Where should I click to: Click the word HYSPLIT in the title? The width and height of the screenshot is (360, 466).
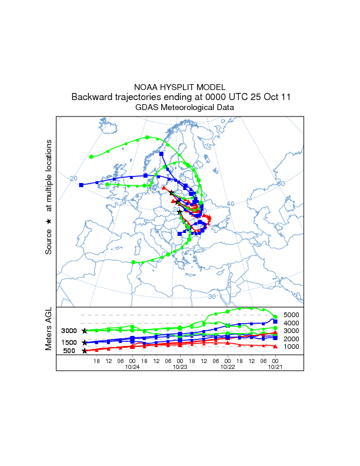(180, 86)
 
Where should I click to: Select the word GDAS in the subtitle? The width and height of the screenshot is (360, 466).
(148, 108)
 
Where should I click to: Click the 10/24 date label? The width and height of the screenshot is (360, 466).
(132, 367)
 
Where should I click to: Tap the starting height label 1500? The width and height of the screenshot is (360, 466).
(69, 342)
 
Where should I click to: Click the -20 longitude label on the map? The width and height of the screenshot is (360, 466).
(73, 178)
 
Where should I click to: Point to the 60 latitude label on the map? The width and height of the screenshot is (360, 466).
(281, 184)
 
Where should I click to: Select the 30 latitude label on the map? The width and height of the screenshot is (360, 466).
(212, 280)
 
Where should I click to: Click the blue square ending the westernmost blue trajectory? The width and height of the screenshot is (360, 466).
(81, 185)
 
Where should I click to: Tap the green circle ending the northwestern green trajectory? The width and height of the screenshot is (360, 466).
(91, 157)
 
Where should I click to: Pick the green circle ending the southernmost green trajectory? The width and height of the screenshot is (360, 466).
(134, 262)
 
